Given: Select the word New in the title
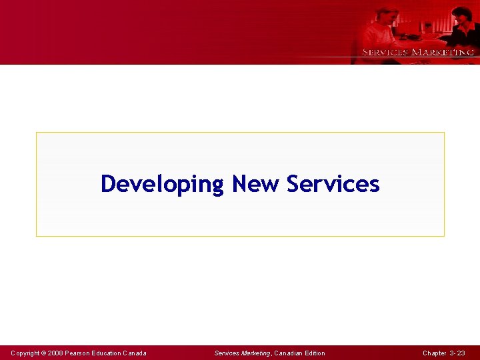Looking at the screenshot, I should click(256, 184).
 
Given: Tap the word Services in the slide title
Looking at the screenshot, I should click(333, 184).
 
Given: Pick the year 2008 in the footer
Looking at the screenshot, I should click(55, 353).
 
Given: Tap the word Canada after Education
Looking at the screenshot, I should click(135, 353).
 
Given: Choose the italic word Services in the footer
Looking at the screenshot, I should click(227, 353).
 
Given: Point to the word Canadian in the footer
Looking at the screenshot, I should click(288, 353).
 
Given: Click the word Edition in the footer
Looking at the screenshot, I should click(315, 353).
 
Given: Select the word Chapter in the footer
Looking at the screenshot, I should click(435, 353).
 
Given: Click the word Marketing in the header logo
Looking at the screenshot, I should click(443, 52).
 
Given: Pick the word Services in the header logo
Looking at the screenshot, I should click(385, 52).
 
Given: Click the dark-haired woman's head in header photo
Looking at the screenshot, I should click(460, 15).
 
